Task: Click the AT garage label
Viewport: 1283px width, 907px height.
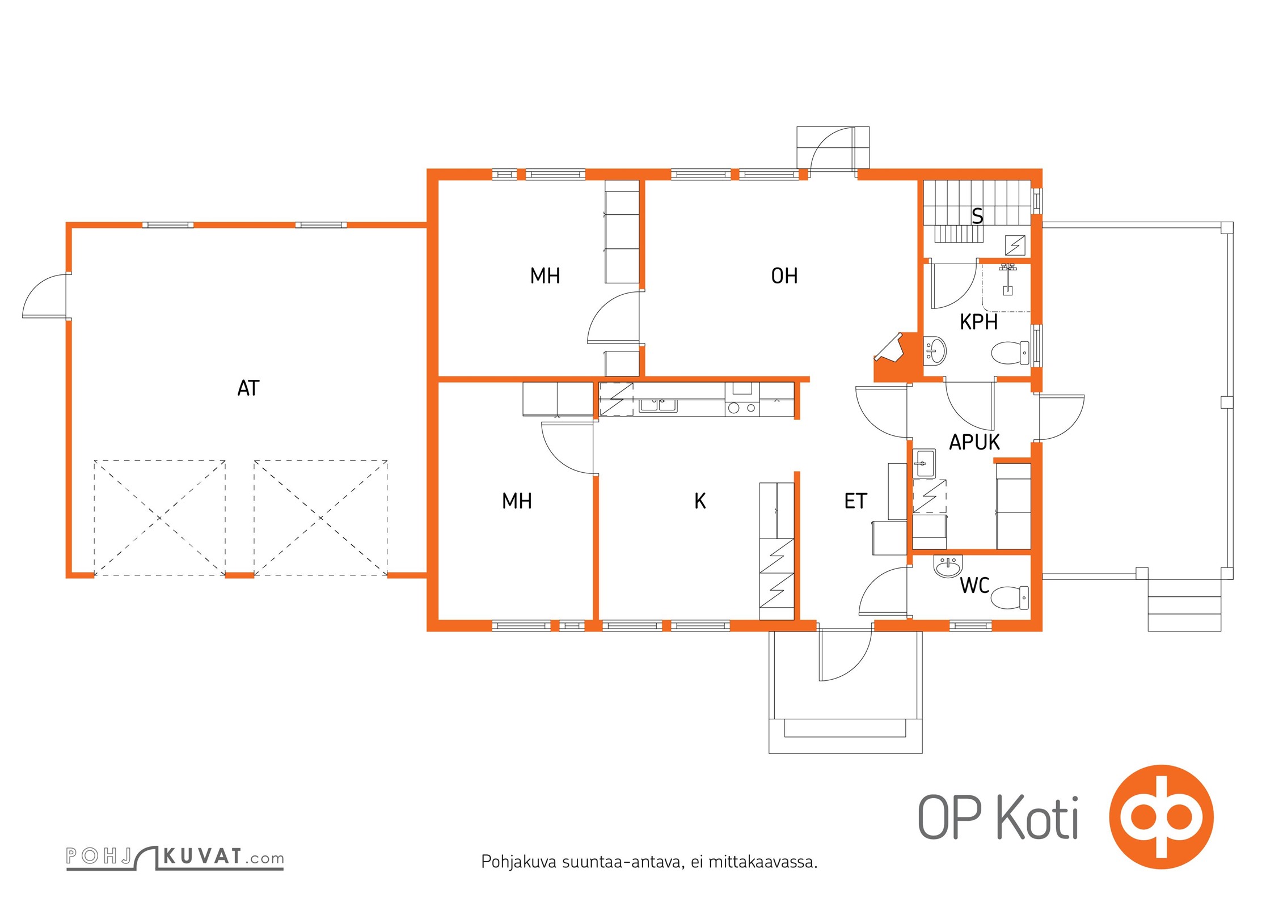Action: coord(248,388)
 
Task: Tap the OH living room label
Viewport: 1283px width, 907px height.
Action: coord(784,276)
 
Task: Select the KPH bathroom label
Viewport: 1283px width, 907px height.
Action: coord(978,322)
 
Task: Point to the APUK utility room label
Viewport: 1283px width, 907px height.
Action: coord(974,442)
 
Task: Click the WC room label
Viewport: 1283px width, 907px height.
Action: coord(974,586)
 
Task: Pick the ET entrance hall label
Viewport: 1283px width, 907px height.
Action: coord(855,501)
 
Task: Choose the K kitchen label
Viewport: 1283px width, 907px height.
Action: coord(700,501)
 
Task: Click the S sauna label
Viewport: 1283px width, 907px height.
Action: coord(977,216)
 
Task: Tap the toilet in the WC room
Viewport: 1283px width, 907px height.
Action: coord(1010,597)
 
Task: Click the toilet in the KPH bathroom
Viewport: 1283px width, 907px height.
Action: coord(1010,353)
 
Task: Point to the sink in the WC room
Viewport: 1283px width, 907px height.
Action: coord(948,566)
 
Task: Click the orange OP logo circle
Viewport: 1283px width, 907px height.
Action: coord(1162,817)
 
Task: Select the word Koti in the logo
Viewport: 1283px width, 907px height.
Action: coord(1037,817)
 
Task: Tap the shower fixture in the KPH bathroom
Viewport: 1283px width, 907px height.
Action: coord(1007,278)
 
